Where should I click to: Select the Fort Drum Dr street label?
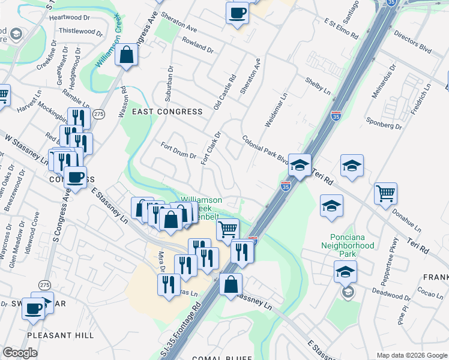pos(178,150)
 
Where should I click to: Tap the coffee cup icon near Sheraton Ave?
pos(237,13)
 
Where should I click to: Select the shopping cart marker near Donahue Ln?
pos(385,193)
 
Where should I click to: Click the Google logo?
pos(20,353)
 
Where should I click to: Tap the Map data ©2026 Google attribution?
pos(412,355)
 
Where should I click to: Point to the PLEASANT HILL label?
pos(61,335)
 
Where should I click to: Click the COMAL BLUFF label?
pos(221,358)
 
